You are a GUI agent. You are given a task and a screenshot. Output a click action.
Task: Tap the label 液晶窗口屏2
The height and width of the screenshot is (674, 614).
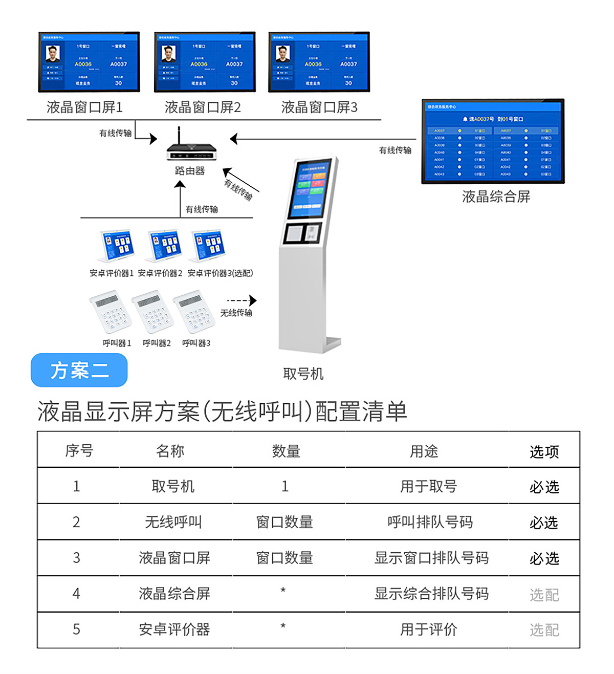click(203, 107)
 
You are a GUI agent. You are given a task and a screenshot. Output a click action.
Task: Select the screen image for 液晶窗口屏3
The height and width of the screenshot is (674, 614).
click(319, 62)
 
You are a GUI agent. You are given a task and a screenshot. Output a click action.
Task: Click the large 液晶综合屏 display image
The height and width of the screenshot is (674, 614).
click(493, 141)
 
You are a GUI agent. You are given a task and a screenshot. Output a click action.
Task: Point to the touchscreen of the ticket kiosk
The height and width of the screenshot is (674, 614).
click(311, 188)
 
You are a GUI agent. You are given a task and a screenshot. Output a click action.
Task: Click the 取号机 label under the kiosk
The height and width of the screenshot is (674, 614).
click(303, 374)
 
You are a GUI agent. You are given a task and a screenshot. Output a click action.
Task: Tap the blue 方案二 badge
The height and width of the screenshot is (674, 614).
click(79, 370)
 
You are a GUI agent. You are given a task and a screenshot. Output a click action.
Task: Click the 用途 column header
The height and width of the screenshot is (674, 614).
click(424, 451)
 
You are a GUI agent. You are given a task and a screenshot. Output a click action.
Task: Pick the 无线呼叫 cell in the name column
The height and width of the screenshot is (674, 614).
click(173, 522)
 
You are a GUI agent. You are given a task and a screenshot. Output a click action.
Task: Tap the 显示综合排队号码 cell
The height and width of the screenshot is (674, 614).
click(431, 594)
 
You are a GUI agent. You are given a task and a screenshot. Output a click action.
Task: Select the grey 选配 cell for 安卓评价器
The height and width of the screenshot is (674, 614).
click(544, 630)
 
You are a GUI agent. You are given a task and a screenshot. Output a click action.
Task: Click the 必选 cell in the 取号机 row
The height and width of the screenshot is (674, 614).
click(544, 487)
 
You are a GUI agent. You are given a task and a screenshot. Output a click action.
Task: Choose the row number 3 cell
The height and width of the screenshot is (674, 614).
click(77, 558)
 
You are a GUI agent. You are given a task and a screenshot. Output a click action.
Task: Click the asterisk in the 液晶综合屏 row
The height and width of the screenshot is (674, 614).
click(283, 591)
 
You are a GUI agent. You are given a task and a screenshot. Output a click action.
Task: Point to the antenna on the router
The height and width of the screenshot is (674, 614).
click(179, 135)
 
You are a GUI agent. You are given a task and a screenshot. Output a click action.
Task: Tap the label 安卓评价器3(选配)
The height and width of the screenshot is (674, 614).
click(220, 273)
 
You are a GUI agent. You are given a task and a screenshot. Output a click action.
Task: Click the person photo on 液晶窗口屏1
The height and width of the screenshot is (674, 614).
click(53, 54)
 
